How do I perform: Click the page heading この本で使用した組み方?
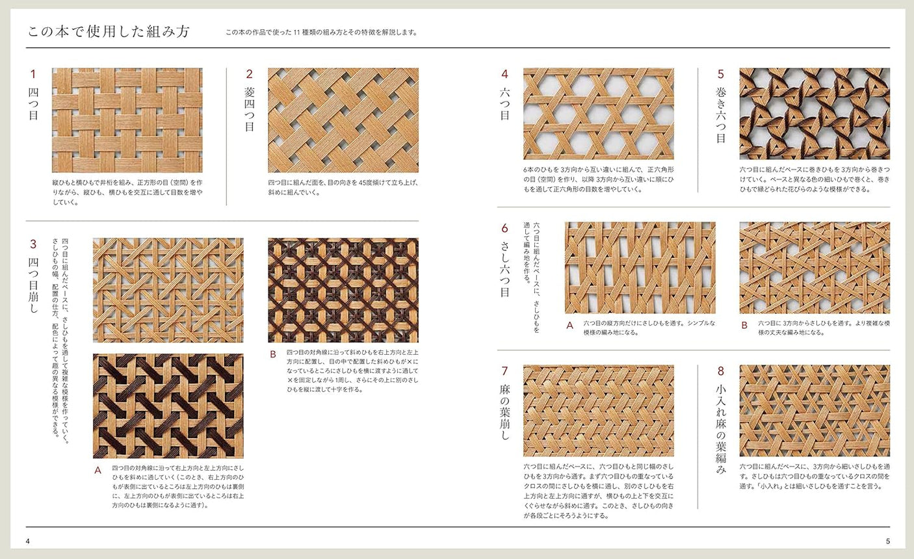(x=108, y=32)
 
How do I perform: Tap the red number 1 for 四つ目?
(x=33, y=74)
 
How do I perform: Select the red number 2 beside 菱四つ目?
(x=249, y=74)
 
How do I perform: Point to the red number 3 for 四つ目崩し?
(x=33, y=244)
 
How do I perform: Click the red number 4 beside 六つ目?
(x=504, y=74)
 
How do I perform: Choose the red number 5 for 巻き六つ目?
(x=720, y=74)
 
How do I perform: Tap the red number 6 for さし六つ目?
(x=504, y=228)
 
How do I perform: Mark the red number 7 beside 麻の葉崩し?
(x=504, y=371)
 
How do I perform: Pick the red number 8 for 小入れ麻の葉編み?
(x=720, y=371)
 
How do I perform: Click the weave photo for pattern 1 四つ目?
(x=127, y=120)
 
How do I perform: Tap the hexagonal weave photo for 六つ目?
(x=598, y=114)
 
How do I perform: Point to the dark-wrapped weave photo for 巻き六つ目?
(x=815, y=114)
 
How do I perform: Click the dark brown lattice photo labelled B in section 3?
(x=343, y=290)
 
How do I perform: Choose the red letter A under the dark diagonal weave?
(x=98, y=470)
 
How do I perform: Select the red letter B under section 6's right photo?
(x=744, y=325)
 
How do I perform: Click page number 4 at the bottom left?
(x=28, y=541)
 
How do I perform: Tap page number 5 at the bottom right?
(x=887, y=541)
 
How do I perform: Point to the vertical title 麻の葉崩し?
(x=505, y=412)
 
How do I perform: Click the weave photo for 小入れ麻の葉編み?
(x=815, y=410)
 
